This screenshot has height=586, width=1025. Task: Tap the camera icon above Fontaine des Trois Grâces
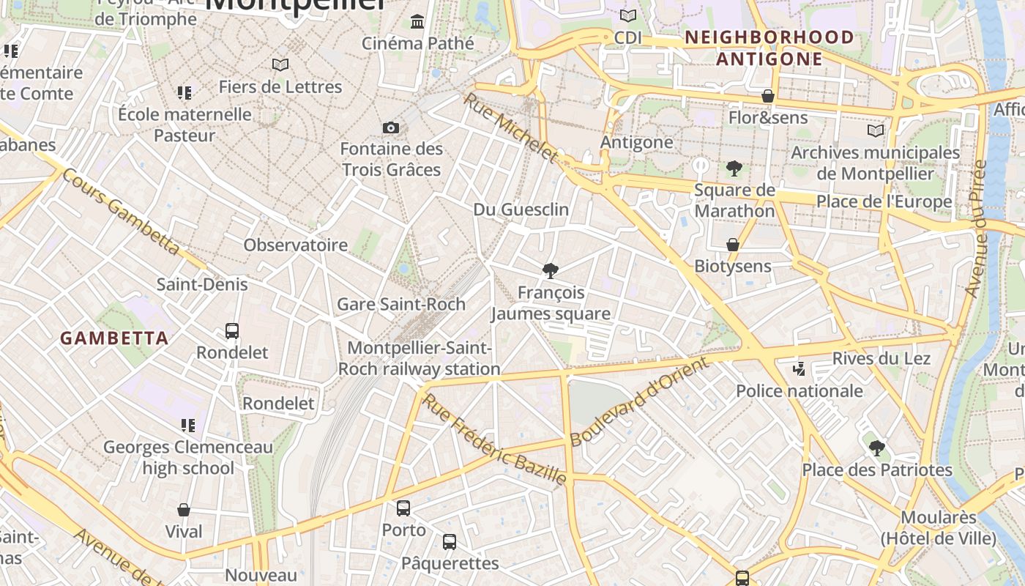click(x=391, y=128)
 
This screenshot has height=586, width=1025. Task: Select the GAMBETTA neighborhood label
click(x=114, y=338)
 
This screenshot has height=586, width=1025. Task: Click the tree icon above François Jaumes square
click(x=551, y=271)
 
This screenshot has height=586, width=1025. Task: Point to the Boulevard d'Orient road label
click(x=639, y=401)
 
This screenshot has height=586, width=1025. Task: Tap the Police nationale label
click(x=799, y=391)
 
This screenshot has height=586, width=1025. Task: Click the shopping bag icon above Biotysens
click(x=733, y=245)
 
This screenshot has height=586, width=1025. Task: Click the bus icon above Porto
click(x=403, y=508)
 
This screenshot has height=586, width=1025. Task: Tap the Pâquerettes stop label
click(x=450, y=563)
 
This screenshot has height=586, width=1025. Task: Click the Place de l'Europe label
click(x=884, y=201)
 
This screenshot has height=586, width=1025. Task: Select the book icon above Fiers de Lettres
click(x=280, y=64)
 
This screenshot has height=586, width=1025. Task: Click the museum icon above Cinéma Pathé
click(x=418, y=21)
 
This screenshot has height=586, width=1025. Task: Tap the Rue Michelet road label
click(x=510, y=127)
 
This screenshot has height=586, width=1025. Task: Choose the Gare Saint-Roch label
click(x=400, y=304)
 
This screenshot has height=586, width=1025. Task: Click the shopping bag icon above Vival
click(x=184, y=510)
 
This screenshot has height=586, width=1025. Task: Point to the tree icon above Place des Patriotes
click(x=877, y=448)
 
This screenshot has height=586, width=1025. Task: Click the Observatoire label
click(x=296, y=245)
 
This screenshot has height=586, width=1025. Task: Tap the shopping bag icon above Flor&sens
click(x=768, y=96)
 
